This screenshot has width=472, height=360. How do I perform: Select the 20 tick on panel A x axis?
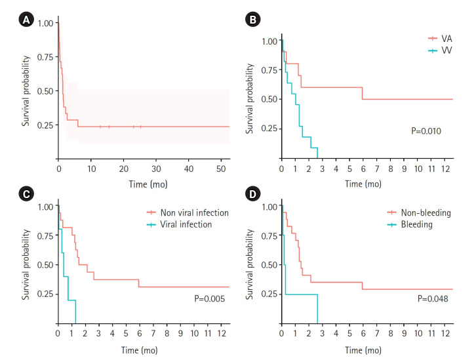pos(124,170)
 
